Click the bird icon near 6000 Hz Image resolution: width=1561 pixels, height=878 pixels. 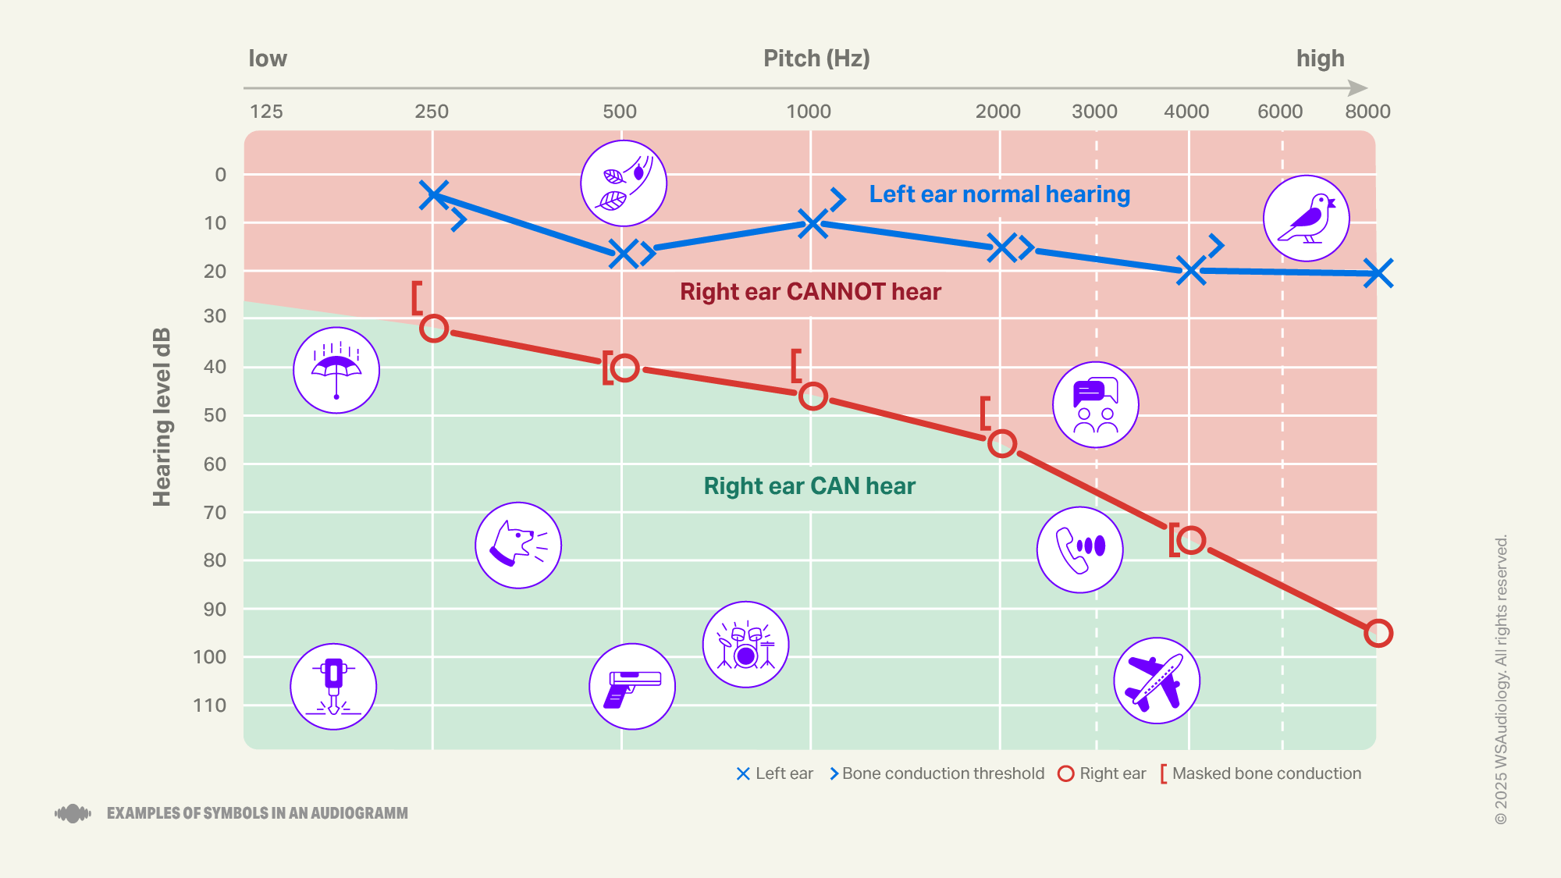1306,219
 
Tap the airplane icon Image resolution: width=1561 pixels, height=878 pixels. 1156,681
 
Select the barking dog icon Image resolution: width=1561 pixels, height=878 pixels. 517,545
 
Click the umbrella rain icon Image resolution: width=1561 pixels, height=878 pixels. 336,370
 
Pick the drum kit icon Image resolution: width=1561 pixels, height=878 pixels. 745,645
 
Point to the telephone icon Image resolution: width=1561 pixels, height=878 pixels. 1079,549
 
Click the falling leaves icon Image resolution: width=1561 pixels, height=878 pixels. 623,183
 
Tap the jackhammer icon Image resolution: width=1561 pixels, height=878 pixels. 333,687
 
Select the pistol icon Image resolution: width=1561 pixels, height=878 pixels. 631,687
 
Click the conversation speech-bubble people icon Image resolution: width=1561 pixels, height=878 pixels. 1095,404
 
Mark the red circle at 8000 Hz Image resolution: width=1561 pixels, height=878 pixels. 1378,633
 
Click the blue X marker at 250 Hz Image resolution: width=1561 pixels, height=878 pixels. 433,194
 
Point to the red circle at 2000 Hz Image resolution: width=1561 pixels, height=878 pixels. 1002,444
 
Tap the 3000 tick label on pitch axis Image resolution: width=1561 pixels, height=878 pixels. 1094,112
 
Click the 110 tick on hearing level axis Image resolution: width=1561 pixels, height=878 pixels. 210,706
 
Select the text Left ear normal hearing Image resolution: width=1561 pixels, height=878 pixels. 999,194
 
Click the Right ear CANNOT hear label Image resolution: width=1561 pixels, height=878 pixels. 810,292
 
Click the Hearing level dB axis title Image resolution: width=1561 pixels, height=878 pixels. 162,418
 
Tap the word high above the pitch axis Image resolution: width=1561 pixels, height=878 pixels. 1320,59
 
